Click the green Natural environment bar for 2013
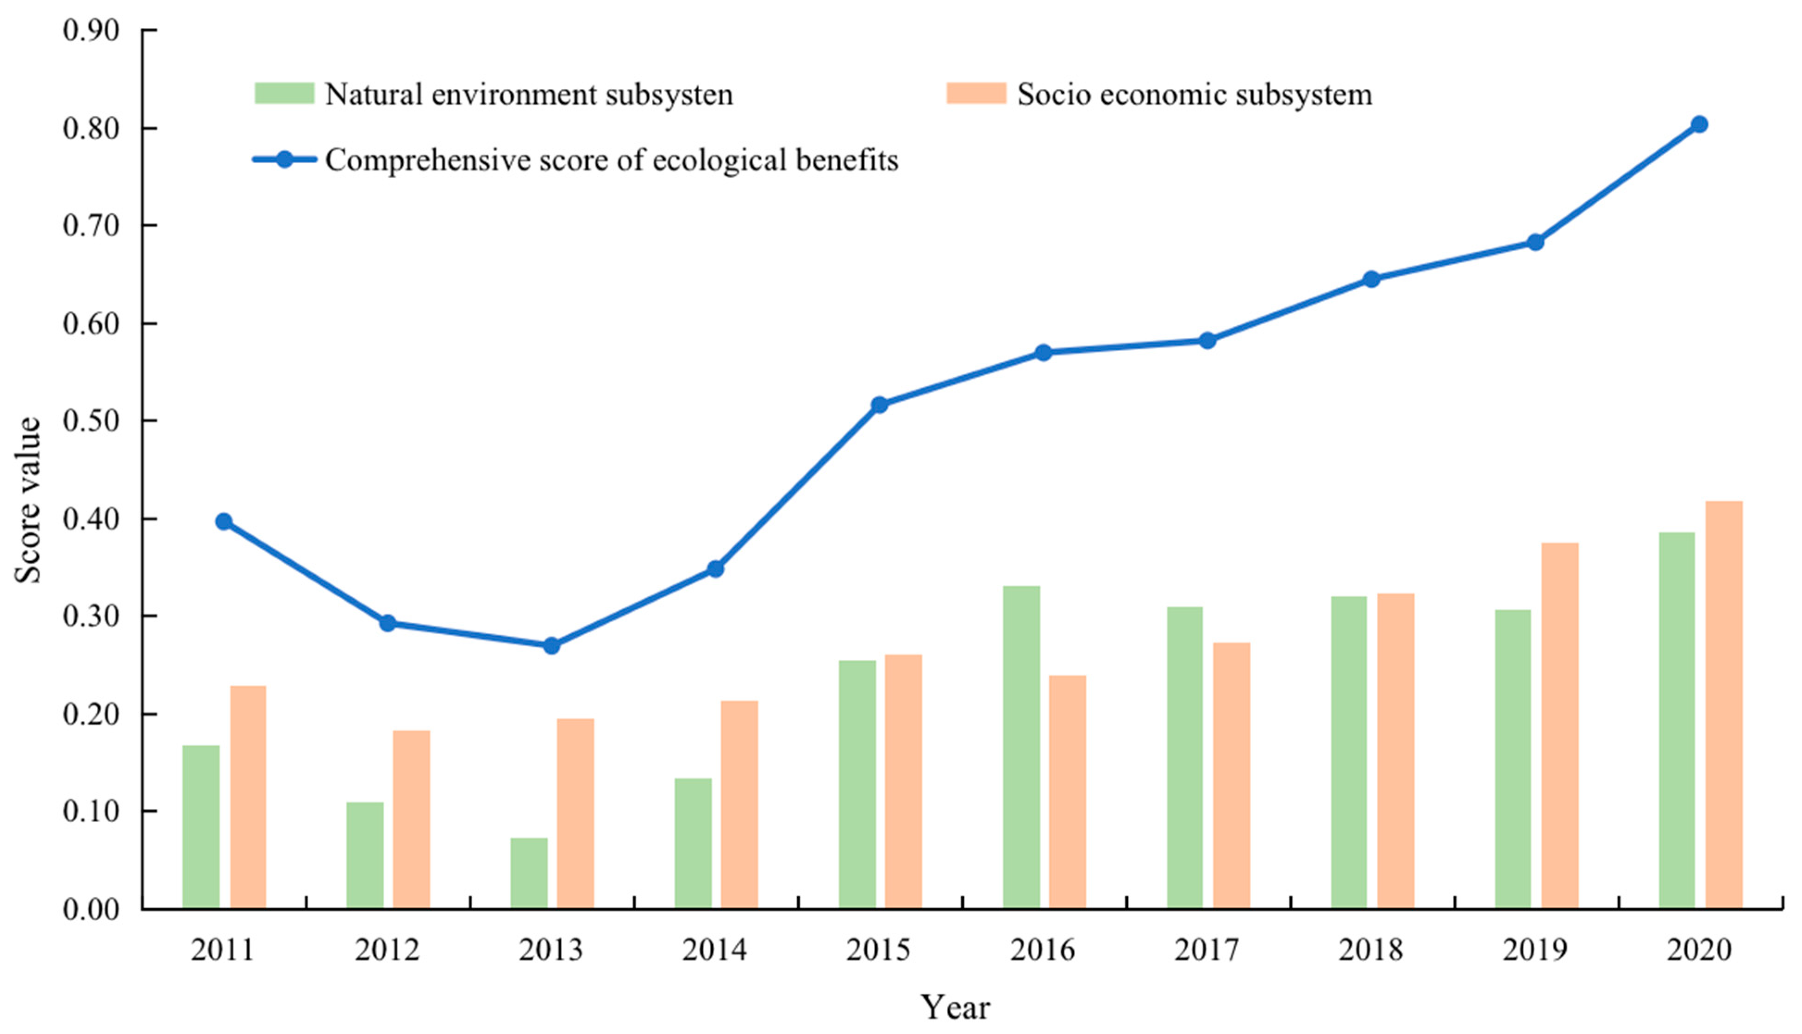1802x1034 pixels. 529,873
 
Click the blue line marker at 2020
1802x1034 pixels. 1699,124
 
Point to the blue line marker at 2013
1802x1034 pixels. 551,645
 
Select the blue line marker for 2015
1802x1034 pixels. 880,405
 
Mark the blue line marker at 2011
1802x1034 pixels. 224,521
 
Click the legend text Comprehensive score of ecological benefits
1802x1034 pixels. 611,160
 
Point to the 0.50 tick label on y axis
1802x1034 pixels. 90,421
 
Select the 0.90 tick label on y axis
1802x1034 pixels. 90,31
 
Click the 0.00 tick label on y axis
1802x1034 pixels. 90,910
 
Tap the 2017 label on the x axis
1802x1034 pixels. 1207,949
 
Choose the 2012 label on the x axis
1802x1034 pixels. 387,949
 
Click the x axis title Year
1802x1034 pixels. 955,1008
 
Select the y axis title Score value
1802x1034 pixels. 28,501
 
